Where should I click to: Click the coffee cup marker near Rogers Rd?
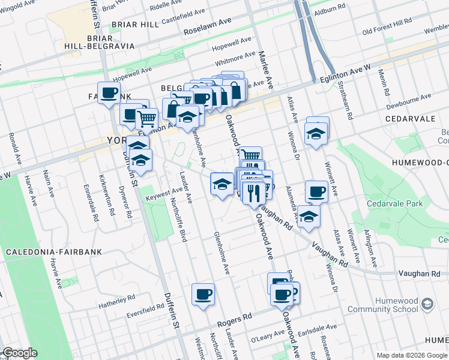[x=203, y=295]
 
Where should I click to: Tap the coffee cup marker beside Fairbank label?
[x=108, y=93]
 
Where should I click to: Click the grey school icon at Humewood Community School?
[x=427, y=304]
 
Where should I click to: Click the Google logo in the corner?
[x=20, y=353]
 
